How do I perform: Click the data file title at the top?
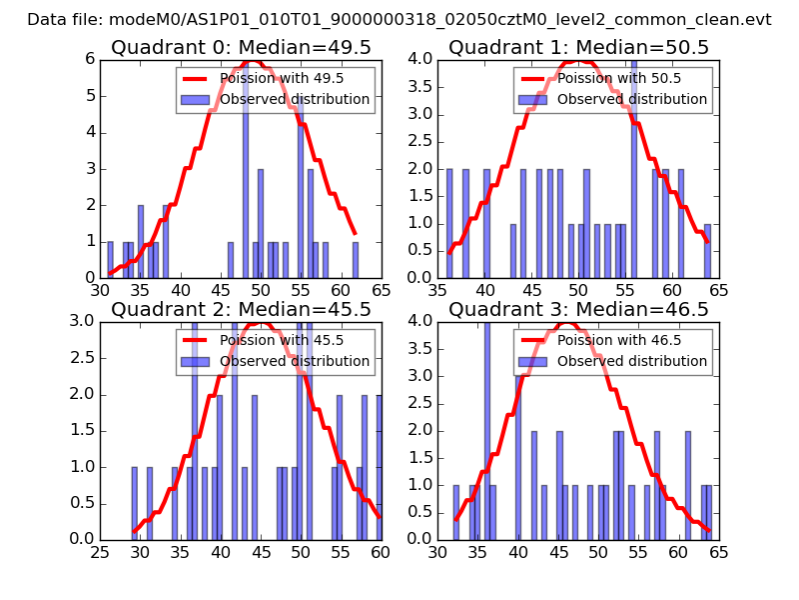[399, 19]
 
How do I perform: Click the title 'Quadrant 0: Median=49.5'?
[240, 47]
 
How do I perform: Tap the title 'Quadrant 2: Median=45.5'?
[240, 309]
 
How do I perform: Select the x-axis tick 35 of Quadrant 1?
[438, 291]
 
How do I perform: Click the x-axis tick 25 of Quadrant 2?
[101, 553]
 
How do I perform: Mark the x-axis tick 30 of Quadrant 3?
[438, 553]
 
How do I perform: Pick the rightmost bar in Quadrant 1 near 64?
[708, 251]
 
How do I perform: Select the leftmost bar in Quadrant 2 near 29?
[134, 503]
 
